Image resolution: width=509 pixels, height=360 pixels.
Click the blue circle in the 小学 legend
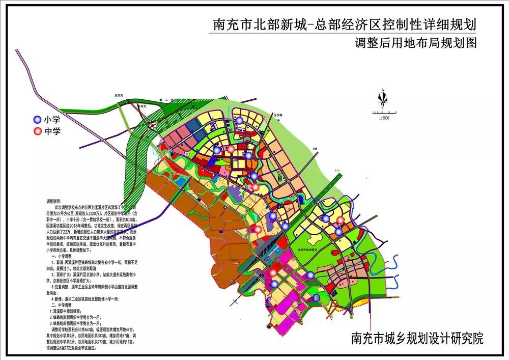click(x=37, y=120)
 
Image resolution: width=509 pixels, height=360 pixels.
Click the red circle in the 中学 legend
click(x=37, y=132)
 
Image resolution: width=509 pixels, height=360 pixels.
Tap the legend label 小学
click(x=51, y=120)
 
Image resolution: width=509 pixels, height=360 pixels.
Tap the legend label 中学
click(x=51, y=132)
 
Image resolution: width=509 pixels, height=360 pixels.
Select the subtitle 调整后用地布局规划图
click(x=416, y=43)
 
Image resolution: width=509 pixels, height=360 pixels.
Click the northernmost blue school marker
click(x=239, y=120)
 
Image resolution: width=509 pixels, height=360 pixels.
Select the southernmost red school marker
click(x=273, y=273)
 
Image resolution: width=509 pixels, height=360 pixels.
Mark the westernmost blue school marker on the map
click(x=217, y=150)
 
